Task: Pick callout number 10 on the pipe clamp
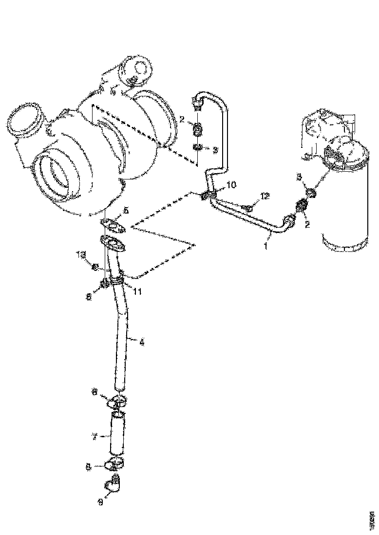pos(231,185)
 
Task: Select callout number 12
pos(265,196)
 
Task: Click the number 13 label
pos(80,254)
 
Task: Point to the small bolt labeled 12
pos(248,208)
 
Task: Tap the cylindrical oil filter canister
pos(346,204)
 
